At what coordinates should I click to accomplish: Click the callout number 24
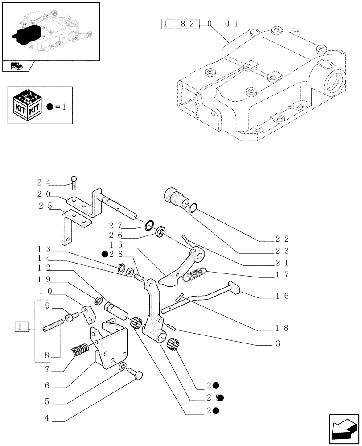(x=43, y=182)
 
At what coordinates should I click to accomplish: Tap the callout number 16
(x=282, y=295)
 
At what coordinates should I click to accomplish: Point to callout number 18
(x=282, y=328)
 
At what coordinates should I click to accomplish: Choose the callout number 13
(x=43, y=248)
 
